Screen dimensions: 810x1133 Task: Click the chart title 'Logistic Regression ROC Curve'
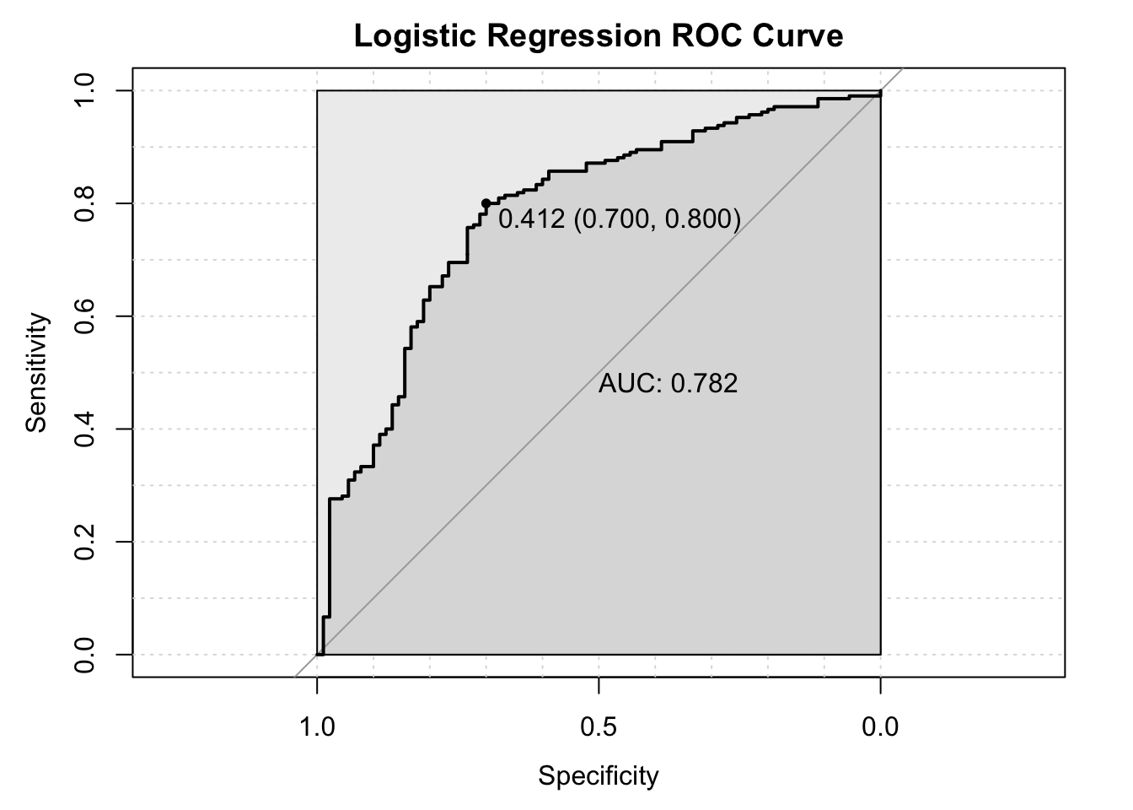599,36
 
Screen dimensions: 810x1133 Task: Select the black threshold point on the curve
486,203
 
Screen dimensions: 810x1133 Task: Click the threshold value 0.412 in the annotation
531,220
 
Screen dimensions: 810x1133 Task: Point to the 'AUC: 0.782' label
668,384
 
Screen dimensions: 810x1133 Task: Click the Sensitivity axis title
36,372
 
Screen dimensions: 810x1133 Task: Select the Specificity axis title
599,776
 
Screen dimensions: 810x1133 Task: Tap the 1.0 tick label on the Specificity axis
317,726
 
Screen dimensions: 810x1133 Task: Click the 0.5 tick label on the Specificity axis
599,726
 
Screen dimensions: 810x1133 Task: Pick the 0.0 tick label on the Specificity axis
880,726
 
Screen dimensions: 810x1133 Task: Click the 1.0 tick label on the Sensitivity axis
85,90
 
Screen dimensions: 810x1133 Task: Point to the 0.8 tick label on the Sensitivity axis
85,203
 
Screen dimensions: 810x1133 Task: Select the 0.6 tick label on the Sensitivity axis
85,316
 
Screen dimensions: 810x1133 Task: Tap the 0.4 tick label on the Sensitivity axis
85,429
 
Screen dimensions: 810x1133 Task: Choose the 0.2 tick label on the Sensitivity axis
85,542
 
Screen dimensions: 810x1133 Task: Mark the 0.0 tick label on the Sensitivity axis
85,654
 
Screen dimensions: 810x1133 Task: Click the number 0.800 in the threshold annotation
699,220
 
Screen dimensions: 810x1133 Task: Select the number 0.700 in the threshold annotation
615,220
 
